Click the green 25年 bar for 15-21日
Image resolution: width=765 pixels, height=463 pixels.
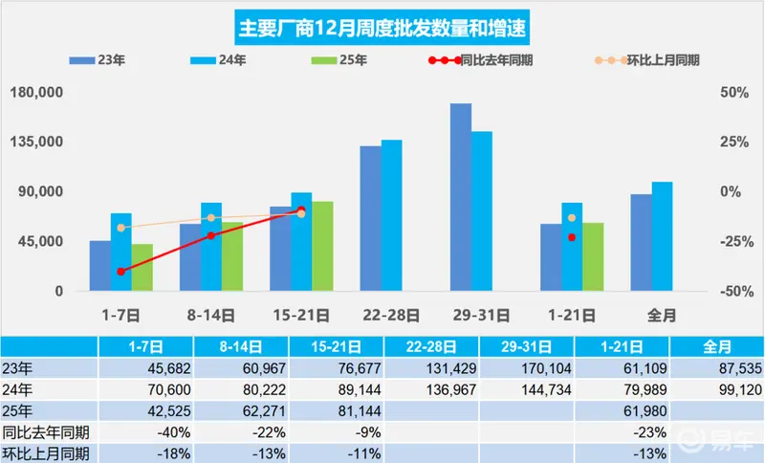point(322,246)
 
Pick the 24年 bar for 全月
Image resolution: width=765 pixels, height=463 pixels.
point(662,235)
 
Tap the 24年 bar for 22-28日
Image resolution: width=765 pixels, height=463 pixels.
point(392,215)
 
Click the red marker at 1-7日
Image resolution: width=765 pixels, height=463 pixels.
point(121,272)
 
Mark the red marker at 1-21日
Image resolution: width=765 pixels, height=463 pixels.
point(572,237)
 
